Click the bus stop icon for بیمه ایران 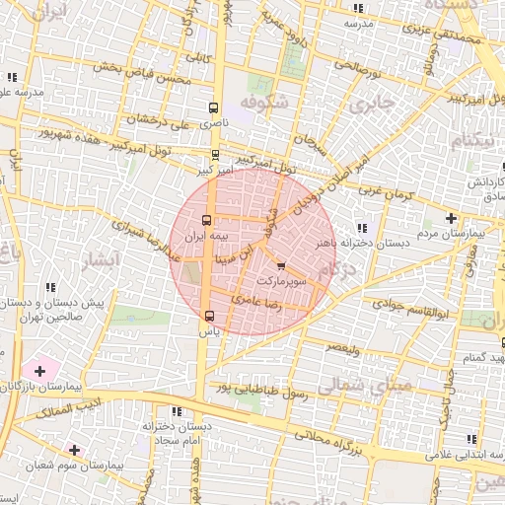[x=207, y=221]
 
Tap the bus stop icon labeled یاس [x=208, y=316]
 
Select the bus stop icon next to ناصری [x=214, y=108]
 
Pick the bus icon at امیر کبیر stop [x=215, y=155]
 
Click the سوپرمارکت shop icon [x=281, y=266]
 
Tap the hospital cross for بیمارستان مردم [x=451, y=218]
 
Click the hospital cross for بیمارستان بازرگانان [x=39, y=371]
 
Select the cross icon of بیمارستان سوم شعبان [x=74, y=449]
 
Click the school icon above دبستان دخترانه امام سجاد [x=176, y=411]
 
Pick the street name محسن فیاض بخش [x=138, y=73]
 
